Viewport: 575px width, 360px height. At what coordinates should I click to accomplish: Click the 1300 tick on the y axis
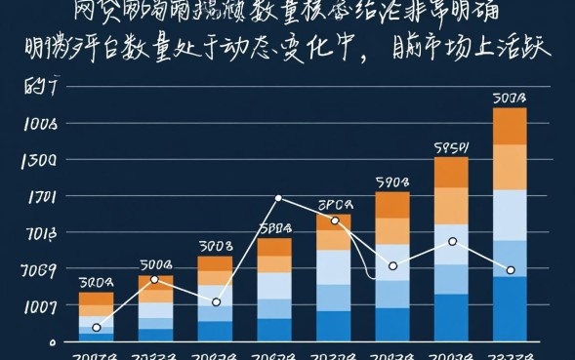pyautogui.click(x=41, y=160)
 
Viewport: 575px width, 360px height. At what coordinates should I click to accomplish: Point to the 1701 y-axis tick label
pyautogui.click(x=41, y=197)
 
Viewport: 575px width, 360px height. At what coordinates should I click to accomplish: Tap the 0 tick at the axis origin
pyautogui.click(x=40, y=341)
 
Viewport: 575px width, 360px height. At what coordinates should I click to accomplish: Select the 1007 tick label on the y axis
pyautogui.click(x=41, y=306)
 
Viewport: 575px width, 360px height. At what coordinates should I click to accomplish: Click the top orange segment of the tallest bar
pyautogui.click(x=510, y=126)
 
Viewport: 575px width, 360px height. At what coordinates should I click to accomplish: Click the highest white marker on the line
pyautogui.click(x=278, y=198)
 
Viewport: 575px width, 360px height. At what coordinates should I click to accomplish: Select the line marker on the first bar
pyautogui.click(x=97, y=328)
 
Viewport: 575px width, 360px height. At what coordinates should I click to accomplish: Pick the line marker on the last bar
pyautogui.click(x=510, y=270)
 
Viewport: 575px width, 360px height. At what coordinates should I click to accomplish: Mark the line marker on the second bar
pyautogui.click(x=155, y=280)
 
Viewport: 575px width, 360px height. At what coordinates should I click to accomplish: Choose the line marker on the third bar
pyautogui.click(x=216, y=302)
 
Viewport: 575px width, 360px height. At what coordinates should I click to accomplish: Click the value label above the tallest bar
pyautogui.click(x=510, y=99)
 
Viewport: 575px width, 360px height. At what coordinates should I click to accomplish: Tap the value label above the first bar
pyautogui.click(x=97, y=283)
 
